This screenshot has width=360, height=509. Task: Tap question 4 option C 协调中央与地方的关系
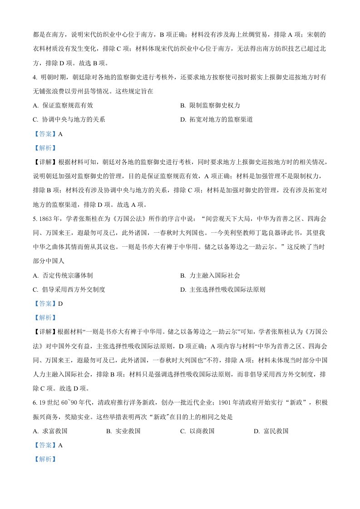[x=72, y=120]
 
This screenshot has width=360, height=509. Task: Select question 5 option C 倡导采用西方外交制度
[x=72, y=289]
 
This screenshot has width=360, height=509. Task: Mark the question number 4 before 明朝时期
[x=35, y=77]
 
